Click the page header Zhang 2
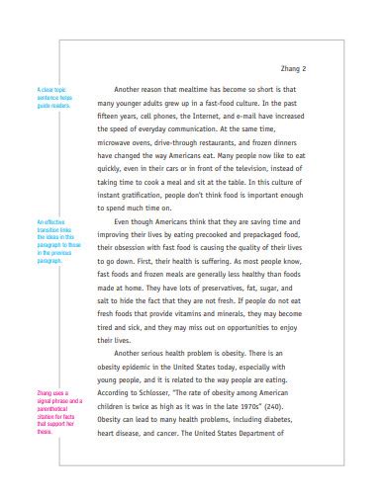click(294, 69)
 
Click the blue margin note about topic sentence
click(49, 97)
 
